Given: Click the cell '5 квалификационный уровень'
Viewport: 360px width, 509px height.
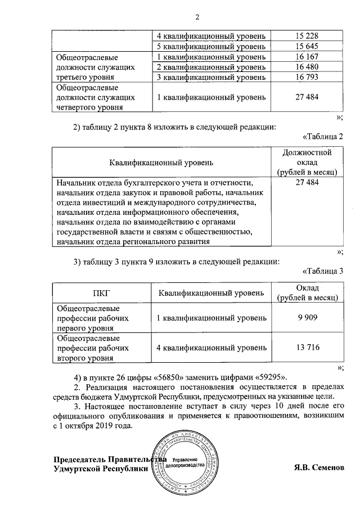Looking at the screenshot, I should click(211, 47).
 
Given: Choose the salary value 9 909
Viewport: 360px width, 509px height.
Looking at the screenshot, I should click(307, 318).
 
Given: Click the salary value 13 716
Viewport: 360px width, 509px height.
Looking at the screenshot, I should click(307, 348).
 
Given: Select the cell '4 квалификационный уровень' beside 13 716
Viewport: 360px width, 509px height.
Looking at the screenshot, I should click(211, 348).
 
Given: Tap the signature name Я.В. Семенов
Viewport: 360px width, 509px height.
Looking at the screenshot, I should click(318, 468).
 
